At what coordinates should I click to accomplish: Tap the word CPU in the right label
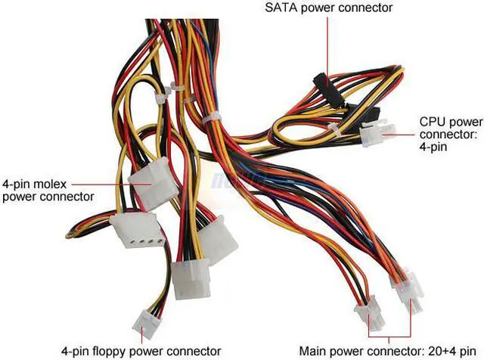point(432,121)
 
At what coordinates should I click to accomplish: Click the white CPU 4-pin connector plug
point(373,135)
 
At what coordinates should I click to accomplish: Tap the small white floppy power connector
point(146,323)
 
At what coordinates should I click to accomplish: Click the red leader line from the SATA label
point(327,45)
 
